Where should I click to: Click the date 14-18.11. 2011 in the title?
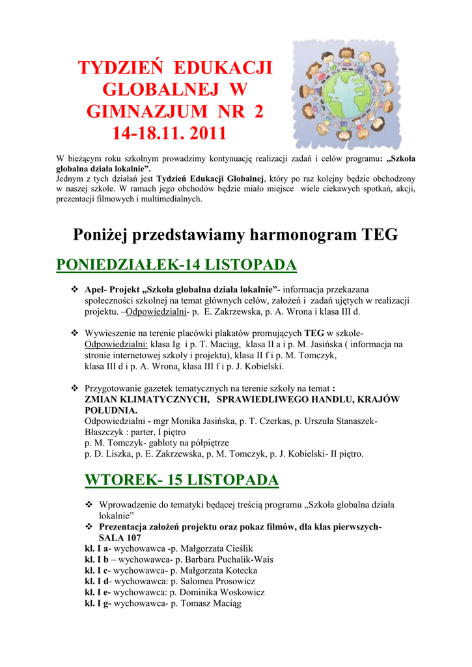(169, 134)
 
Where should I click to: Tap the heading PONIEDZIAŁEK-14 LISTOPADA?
(176, 264)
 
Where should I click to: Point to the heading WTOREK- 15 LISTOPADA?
(182, 480)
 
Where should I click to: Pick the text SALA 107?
(120, 538)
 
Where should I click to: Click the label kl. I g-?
(98, 604)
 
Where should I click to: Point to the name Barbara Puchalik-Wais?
(228, 560)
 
